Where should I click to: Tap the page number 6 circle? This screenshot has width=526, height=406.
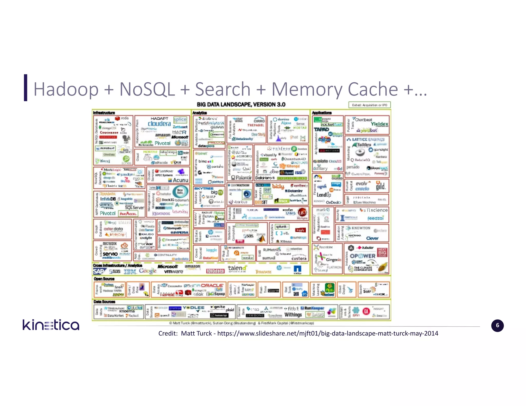(x=497, y=325)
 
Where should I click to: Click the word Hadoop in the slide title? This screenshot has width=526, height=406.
(x=66, y=89)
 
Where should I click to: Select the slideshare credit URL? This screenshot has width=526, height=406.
(x=327, y=333)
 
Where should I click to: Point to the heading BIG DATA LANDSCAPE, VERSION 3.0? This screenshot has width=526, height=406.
(x=241, y=104)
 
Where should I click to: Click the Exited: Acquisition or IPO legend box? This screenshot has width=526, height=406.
(x=369, y=105)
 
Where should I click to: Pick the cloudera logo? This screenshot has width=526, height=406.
(x=159, y=124)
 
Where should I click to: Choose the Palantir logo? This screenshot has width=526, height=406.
(x=241, y=178)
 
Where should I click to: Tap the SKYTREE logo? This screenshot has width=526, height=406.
(x=204, y=188)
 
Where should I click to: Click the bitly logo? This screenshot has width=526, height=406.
(x=278, y=187)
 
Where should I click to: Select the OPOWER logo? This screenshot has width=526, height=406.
(x=362, y=256)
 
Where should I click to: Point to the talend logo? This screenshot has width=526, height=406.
(x=237, y=268)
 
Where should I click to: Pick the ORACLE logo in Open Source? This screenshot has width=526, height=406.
(x=212, y=285)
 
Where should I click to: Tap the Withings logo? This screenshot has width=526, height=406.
(x=293, y=315)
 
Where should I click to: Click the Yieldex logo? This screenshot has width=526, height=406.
(x=379, y=124)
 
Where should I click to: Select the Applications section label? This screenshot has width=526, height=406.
(x=322, y=113)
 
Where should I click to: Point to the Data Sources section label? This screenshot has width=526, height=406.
(x=104, y=302)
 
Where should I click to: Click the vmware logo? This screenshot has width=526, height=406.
(x=174, y=272)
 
